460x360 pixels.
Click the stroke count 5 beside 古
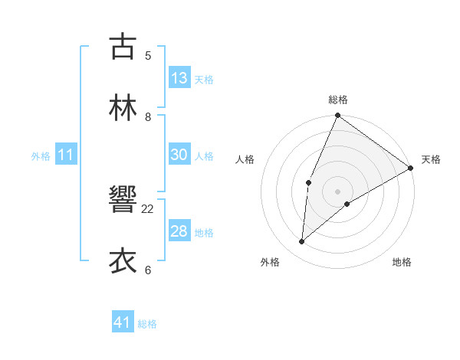pos(148,55)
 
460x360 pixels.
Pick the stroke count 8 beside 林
pos(148,117)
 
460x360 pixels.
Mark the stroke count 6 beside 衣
pos(148,270)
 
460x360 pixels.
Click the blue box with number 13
pos(179,78)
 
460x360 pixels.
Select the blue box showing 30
pos(179,155)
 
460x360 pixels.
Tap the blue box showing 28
pos(179,231)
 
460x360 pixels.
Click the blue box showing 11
pos(66,155)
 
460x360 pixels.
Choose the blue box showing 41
pos(123,322)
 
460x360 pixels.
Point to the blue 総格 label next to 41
pos(147,324)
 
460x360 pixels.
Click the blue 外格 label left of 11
pos(41,156)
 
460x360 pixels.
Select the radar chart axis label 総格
pos(338,100)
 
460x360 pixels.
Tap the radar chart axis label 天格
pos(431,160)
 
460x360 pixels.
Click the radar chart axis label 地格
pos(402,262)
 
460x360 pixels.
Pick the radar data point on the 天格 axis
pos(411,168)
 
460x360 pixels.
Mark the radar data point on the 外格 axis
pos(302,242)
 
